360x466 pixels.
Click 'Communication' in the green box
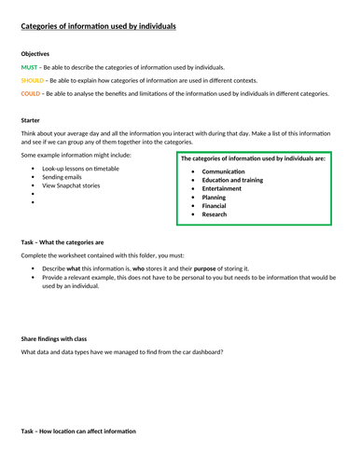tap(223, 172)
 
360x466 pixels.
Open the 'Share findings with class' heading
tap(53, 338)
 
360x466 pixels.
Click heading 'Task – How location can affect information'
tap(78, 431)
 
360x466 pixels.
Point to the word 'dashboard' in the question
tap(206, 351)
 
